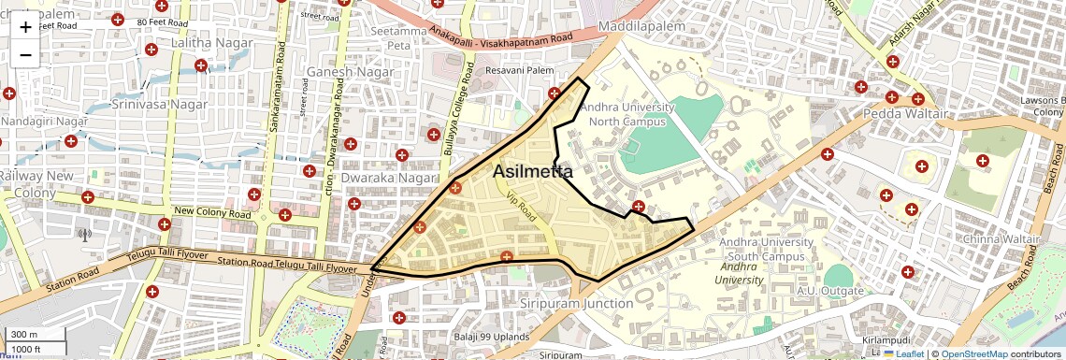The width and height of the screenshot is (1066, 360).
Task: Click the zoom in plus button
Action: pos(25,26)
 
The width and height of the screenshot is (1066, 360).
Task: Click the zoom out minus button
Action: pos(25,55)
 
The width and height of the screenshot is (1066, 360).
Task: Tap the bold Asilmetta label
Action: pos(533,171)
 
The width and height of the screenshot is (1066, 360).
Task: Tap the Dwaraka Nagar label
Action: pos(389,177)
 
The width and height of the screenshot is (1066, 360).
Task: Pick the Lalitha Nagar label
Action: pos(207,43)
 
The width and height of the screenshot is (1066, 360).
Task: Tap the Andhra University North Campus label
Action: pos(627,114)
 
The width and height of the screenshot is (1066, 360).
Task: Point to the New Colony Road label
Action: pos(212,213)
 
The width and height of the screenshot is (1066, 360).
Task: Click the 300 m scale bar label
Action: pos(25,335)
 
